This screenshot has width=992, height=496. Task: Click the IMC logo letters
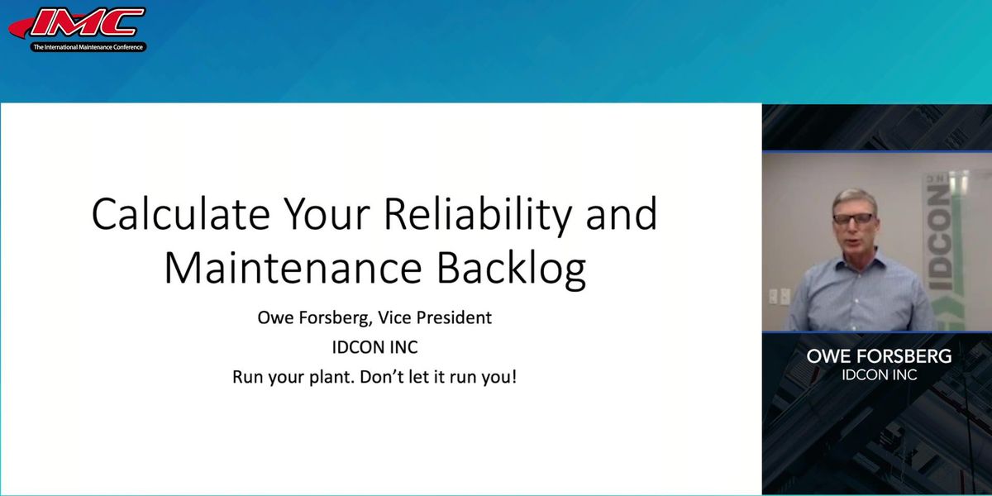pyautogui.click(x=86, y=23)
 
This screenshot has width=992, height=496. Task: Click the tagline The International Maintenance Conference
pyautogui.click(x=88, y=48)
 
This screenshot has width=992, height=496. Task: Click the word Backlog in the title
pyautogui.click(x=508, y=269)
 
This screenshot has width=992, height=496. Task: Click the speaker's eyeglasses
pyautogui.click(x=853, y=219)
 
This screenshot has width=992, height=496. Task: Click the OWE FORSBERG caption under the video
pyautogui.click(x=880, y=358)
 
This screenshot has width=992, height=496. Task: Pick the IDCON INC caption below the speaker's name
pyautogui.click(x=879, y=375)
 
